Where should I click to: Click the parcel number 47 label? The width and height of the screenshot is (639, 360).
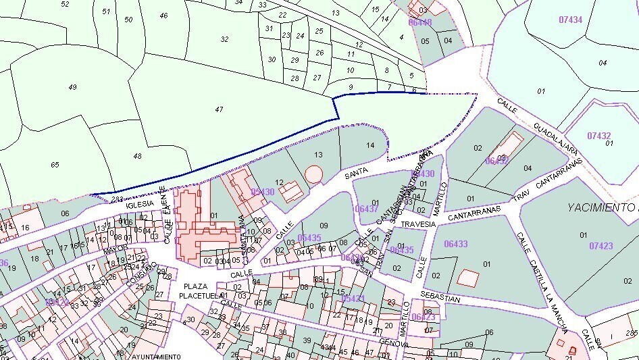pos(219,109)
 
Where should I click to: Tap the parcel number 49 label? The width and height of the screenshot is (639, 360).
pos(73,86)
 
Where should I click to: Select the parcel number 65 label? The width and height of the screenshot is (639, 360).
pos(55,164)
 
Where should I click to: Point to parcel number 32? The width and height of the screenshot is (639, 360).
pos(224,39)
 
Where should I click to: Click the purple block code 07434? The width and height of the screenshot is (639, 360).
pos(570,20)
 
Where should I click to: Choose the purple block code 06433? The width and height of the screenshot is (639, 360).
pos(456,243)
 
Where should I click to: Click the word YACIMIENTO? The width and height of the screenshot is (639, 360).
pos(600,207)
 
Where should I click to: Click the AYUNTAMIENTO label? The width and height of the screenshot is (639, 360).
pos(157,356)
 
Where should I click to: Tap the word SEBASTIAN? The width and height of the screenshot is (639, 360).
pos(439,299)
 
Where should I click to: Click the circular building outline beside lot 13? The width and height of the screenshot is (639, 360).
pos(313,174)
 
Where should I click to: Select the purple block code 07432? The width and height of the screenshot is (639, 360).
pos(598,136)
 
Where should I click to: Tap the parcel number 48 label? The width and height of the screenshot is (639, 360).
pos(138,156)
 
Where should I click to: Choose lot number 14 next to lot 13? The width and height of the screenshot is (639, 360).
pos(369,145)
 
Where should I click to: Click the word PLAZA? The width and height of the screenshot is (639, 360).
pos(195,286)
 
